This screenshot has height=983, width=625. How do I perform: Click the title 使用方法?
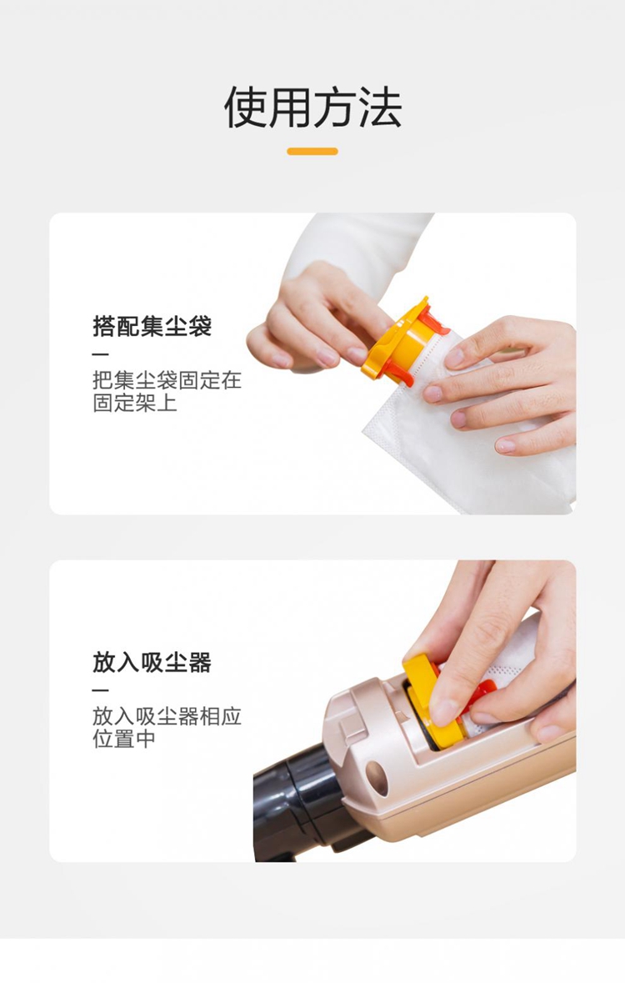coord(312,108)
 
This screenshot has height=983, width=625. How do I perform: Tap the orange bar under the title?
coord(312,151)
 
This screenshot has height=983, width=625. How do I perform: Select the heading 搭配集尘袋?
coord(152,326)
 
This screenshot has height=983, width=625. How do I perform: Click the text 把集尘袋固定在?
coord(167,380)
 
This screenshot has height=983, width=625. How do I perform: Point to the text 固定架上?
coord(135,403)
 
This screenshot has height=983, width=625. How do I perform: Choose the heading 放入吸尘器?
coord(152,662)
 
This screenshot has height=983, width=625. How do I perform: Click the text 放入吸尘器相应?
coord(167,716)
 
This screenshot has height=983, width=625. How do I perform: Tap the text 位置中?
coord(124,739)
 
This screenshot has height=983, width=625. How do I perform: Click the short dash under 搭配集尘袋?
coord(100,355)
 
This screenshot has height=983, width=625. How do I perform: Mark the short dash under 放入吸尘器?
coord(100,691)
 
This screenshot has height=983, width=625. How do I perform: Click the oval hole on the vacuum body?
coord(377,778)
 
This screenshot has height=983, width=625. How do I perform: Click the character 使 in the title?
coord(246,108)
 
